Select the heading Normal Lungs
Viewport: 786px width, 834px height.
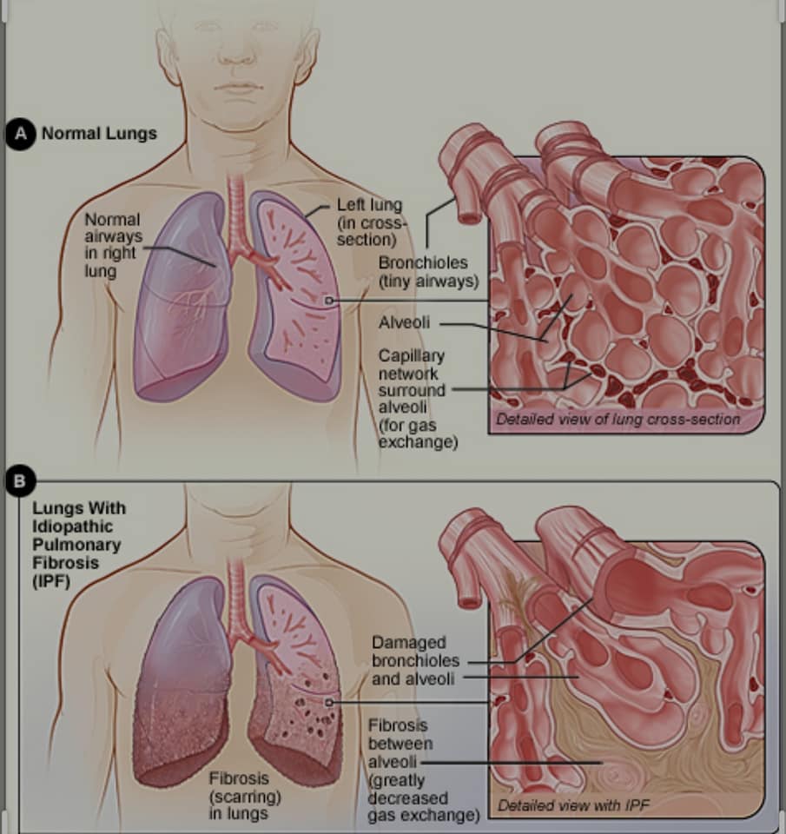(99, 134)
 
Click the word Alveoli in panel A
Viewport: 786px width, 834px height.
(404, 323)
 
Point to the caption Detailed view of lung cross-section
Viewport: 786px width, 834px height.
(618, 420)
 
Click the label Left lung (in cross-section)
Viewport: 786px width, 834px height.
(369, 222)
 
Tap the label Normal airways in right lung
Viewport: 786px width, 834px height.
(113, 246)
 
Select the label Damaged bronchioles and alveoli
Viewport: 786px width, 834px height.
(413, 660)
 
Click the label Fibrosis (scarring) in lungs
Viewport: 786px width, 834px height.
(238, 795)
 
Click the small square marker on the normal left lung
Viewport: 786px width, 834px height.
(328, 301)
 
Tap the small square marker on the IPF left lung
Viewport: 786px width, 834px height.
(328, 701)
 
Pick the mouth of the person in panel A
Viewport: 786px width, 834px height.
(236, 89)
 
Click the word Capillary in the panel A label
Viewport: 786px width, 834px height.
(411, 356)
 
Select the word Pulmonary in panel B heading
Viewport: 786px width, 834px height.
(77, 545)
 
